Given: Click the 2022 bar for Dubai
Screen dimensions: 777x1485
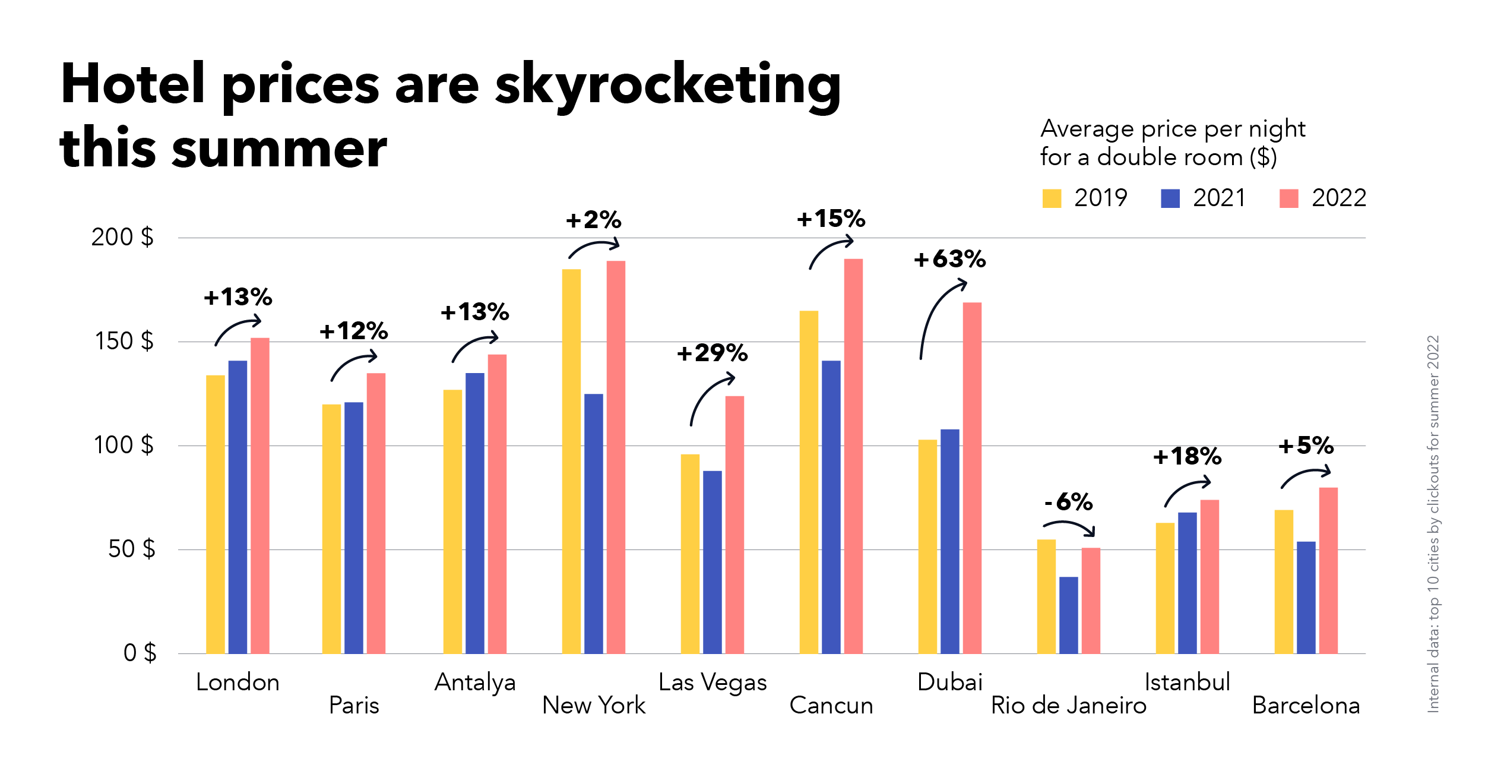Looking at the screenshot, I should (x=972, y=478).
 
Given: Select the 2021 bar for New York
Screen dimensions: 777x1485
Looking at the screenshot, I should (x=593, y=523).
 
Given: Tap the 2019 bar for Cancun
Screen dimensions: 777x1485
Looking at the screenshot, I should (x=809, y=482).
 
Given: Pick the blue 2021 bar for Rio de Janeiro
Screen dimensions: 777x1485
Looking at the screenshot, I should (x=1068, y=615).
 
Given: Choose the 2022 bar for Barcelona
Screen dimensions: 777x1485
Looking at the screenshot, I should (x=1328, y=570).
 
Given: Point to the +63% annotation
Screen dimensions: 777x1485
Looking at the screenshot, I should (x=949, y=260).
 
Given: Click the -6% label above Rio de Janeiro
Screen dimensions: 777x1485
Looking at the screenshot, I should (x=1068, y=503).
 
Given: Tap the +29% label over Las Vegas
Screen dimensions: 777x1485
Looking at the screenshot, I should (x=712, y=353).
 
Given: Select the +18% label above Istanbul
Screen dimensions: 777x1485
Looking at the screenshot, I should (x=1187, y=457).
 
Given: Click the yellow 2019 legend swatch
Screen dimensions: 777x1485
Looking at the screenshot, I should (x=1052, y=198).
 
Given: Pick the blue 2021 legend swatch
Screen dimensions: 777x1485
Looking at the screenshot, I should (x=1170, y=198).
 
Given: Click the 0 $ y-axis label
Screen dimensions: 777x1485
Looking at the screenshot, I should (x=140, y=653).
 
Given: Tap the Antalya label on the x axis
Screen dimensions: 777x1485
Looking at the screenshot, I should (x=475, y=683).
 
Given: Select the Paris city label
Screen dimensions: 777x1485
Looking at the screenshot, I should (x=354, y=706).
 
